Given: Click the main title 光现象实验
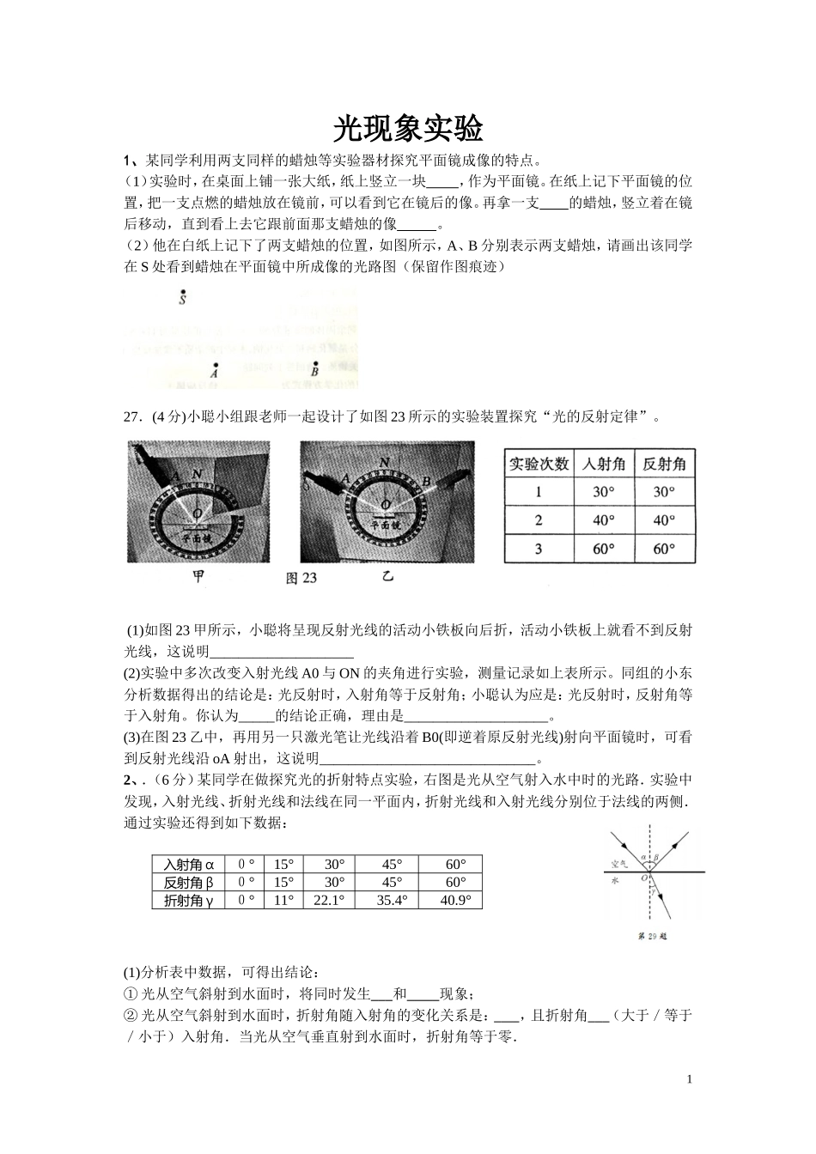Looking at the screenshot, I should pos(408,129).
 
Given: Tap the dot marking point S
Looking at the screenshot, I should pos(183,293).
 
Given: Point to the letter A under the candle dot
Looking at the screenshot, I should pos(214,374).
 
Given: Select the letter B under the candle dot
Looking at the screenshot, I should pos(314,372).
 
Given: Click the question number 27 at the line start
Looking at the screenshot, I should pos(133,417).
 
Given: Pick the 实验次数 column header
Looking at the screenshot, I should pos(539,464).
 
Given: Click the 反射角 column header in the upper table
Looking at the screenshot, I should pos(664,464).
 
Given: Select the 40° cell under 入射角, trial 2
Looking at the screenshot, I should pos(604,520).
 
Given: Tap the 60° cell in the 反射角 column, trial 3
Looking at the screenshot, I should pos(664,549).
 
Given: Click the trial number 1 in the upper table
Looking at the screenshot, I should pos(539,492).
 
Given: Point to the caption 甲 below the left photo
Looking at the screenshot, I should pos(198,577).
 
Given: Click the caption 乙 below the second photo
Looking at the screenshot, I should pos(387,577).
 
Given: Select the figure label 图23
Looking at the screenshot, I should pos(301,579).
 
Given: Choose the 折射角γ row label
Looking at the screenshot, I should pos(188,901).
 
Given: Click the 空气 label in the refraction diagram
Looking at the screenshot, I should pos(618,863).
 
